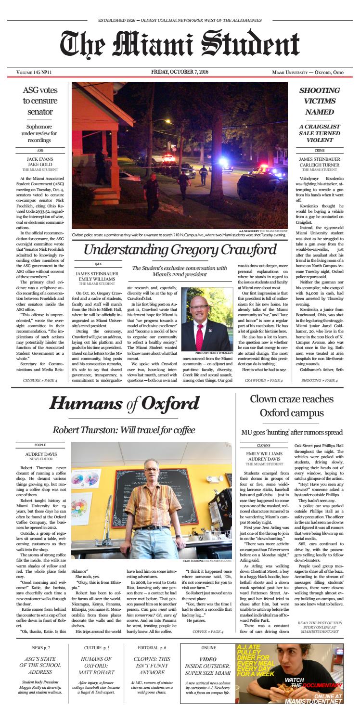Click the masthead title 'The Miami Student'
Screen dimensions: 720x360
180,45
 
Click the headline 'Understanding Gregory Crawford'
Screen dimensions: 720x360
180,249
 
